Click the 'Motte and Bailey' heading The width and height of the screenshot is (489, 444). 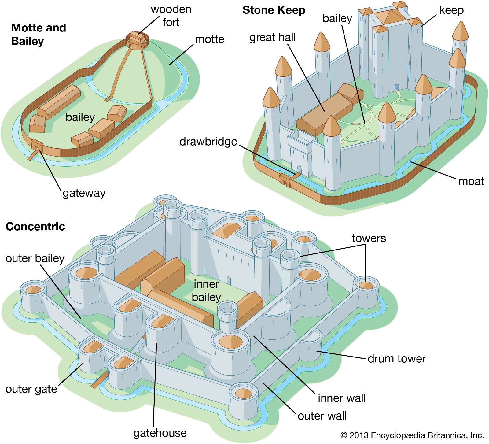tap(39, 34)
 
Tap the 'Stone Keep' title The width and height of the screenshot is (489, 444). tap(274, 10)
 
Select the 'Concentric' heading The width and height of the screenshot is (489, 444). tap(35, 227)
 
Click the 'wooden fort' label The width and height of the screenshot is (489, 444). tap(171, 16)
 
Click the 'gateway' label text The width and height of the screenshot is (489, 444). tap(84, 193)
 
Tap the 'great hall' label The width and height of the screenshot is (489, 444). tap(272, 37)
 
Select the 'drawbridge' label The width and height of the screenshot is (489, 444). tap(208, 142)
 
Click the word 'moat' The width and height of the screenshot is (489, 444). tap(471, 181)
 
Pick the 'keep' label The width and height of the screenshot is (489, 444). tap(451, 10)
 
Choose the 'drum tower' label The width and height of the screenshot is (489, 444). tap(396, 359)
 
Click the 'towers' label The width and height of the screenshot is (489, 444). tap(369, 238)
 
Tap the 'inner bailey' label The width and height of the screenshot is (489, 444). tap(206, 290)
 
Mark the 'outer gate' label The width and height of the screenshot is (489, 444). tap(31, 389)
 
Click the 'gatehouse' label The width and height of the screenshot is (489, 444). tap(160, 433)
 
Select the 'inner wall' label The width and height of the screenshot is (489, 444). tap(342, 398)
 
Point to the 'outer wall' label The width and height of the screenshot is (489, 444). tap(322, 416)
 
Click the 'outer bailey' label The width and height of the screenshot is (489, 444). tap(35, 258)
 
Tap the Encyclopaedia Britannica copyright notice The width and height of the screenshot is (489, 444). tap(412, 435)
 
